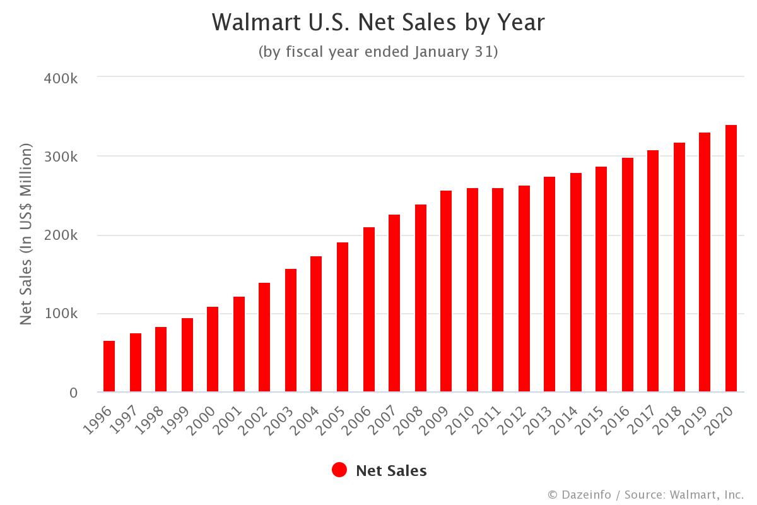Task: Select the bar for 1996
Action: (109, 367)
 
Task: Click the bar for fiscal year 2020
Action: (731, 259)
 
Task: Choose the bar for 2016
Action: (628, 275)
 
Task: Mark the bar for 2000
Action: (213, 350)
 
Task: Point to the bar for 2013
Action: (549, 285)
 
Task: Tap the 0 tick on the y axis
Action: (73, 393)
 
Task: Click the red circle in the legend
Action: (339, 470)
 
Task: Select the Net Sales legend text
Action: (391, 471)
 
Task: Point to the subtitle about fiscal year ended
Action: (378, 52)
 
